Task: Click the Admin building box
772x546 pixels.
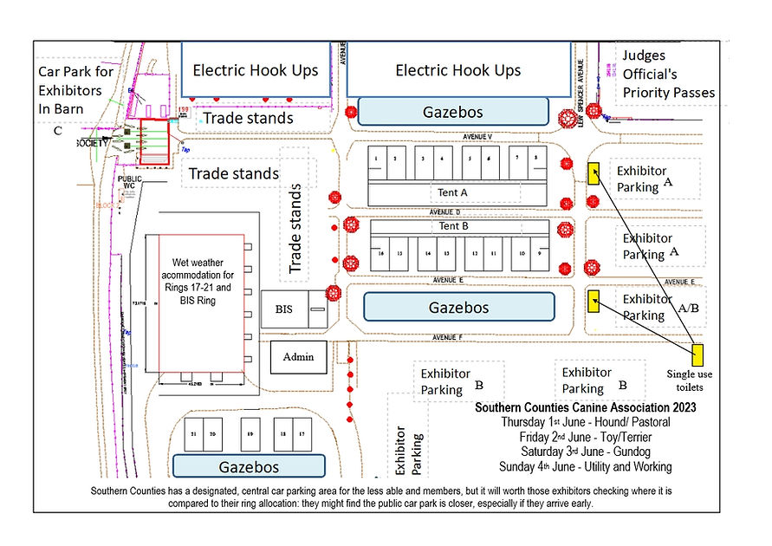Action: pyautogui.click(x=298, y=356)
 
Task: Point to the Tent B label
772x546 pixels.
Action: pyautogui.click(x=455, y=226)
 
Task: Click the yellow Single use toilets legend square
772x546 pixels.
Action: pyautogui.click(x=697, y=354)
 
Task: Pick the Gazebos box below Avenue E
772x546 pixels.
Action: pyautogui.click(x=458, y=307)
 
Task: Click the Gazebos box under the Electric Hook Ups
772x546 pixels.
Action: pyautogui.click(x=452, y=112)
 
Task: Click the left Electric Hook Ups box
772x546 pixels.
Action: pyautogui.click(x=255, y=71)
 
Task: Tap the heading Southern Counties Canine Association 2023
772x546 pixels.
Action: pyautogui.click(x=586, y=406)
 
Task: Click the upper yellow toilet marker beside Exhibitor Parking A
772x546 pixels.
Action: pyautogui.click(x=594, y=173)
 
